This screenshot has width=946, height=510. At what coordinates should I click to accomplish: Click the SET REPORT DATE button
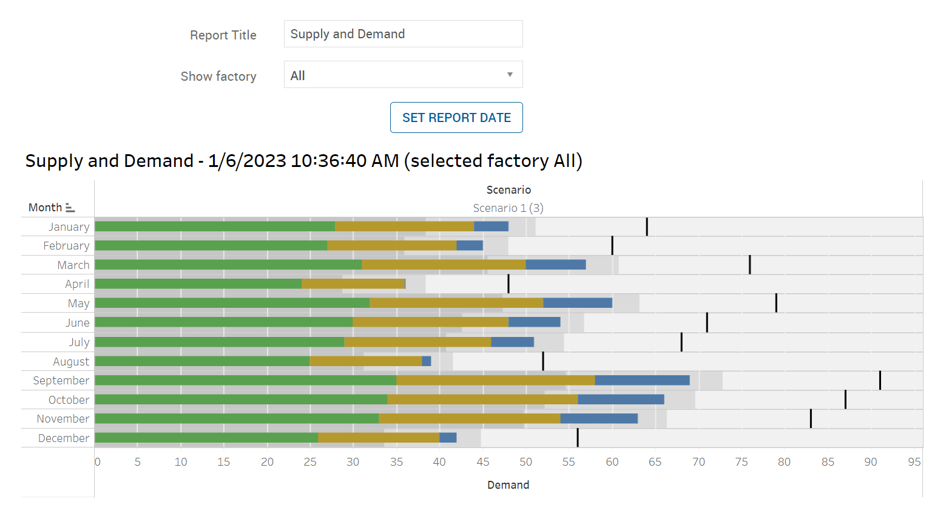(x=456, y=118)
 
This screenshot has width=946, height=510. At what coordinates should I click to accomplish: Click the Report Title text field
(x=403, y=34)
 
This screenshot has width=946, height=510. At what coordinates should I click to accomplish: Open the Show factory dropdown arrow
(x=510, y=75)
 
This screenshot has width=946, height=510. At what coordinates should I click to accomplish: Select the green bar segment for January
(x=215, y=226)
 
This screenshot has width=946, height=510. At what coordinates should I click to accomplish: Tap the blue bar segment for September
(x=642, y=380)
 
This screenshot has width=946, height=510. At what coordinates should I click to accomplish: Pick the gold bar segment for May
(x=456, y=303)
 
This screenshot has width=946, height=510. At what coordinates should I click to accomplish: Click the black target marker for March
(x=749, y=265)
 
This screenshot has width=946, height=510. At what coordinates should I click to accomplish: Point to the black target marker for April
(x=508, y=284)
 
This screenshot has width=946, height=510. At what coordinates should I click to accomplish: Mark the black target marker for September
(x=880, y=380)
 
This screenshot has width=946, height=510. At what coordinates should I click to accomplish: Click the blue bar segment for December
(x=448, y=438)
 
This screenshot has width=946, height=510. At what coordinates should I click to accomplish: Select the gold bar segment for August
(x=365, y=361)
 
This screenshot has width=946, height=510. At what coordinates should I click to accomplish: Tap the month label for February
(x=66, y=246)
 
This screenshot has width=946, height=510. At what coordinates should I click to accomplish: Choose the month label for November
(x=63, y=419)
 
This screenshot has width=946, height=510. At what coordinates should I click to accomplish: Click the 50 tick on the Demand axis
(x=525, y=462)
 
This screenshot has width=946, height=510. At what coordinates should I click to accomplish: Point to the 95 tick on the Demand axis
(x=914, y=462)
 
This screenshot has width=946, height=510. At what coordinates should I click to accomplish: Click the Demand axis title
(x=508, y=485)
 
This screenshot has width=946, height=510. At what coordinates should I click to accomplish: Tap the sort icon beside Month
(x=70, y=208)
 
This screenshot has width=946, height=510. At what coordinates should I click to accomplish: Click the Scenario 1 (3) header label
(x=508, y=208)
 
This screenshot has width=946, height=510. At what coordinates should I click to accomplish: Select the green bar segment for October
(x=241, y=399)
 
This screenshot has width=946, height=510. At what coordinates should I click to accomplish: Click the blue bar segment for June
(x=534, y=322)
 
